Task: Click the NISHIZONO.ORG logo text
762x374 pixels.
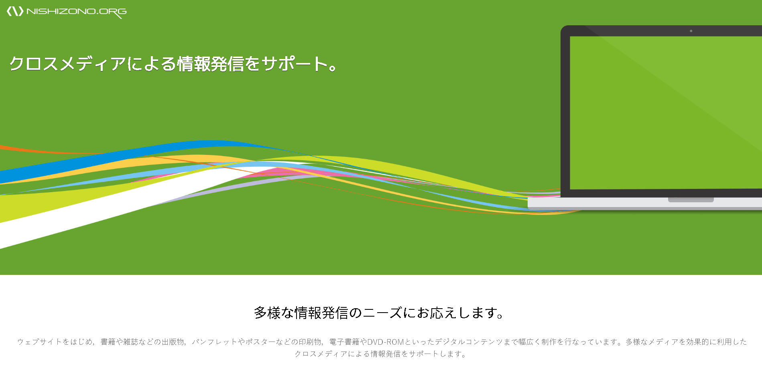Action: pos(77,12)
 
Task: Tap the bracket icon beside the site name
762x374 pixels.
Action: pos(15,11)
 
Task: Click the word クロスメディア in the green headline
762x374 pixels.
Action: pos(67,64)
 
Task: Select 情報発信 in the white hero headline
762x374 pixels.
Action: pos(210,64)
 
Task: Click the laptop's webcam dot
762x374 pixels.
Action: pos(691,31)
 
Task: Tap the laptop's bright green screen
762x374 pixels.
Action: pos(666,113)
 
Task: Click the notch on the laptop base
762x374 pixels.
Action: pos(691,200)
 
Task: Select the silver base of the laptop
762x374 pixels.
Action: pos(645,203)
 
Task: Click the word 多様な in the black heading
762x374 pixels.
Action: pos(274,313)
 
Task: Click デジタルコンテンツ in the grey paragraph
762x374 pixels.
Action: pos(469,342)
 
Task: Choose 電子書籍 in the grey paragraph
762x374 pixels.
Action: pos(344,342)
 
